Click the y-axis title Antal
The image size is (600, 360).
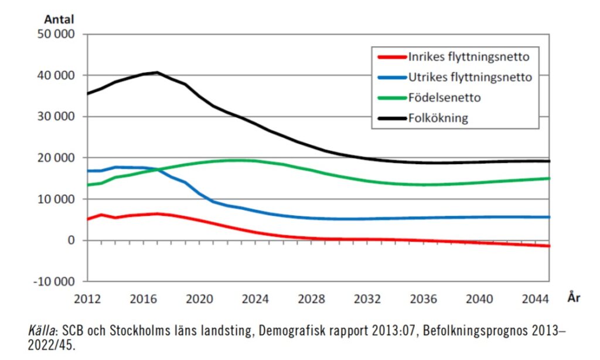[x=59, y=19]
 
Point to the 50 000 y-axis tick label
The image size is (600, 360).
[x=57, y=34]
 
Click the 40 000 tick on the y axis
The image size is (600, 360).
[x=57, y=76]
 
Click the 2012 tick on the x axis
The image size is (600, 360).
[x=87, y=298]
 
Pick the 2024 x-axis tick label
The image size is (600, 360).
[x=255, y=298]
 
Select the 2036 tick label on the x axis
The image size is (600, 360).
[x=424, y=298]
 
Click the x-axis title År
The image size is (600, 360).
[x=574, y=298]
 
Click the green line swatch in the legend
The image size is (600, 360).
[x=391, y=97]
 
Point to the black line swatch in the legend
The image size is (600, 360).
[x=391, y=117]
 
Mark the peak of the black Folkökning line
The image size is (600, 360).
[x=157, y=72]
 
